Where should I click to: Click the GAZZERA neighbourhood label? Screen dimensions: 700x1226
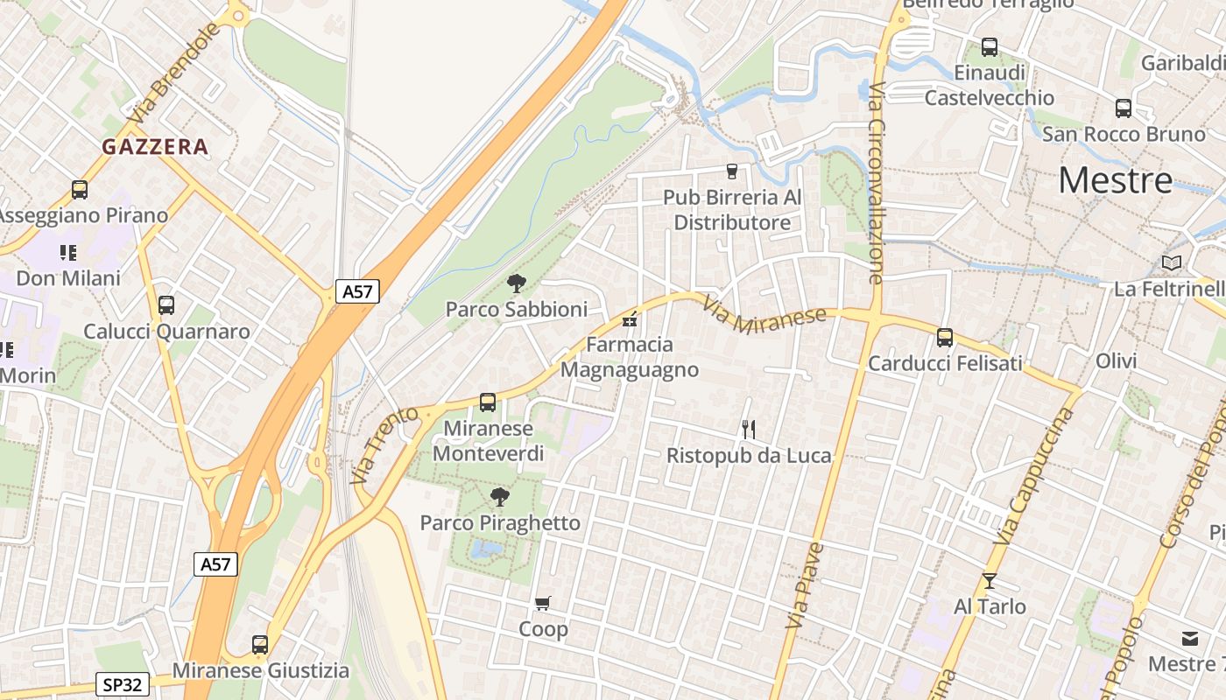[155, 147]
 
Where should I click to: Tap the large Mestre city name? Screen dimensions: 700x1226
[1115, 180]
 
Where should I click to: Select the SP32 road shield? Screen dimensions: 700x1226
[123, 684]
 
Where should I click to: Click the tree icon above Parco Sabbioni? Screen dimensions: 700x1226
[517, 283]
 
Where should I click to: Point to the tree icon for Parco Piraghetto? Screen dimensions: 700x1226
[499, 497]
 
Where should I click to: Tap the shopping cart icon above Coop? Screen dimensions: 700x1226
[543, 603]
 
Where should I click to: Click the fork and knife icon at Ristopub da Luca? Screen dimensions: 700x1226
[749, 429]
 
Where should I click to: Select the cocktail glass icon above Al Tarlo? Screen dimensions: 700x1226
[990, 581]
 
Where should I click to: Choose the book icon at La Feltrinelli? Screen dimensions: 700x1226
[1171, 262]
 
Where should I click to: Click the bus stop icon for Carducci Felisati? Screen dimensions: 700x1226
[944, 337]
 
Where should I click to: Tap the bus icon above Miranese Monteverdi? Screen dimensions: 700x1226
[488, 402]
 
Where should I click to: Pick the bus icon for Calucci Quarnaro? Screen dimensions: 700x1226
[166, 305]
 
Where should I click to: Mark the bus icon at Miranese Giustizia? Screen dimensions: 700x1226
[260, 645]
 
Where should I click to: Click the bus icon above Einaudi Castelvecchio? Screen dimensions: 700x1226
[990, 46]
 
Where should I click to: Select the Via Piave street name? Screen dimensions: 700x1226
[805, 585]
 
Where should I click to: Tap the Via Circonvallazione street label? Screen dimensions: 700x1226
[877, 184]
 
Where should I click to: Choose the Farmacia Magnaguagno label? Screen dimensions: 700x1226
[629, 357]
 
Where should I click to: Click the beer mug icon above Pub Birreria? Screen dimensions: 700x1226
[732, 171]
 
